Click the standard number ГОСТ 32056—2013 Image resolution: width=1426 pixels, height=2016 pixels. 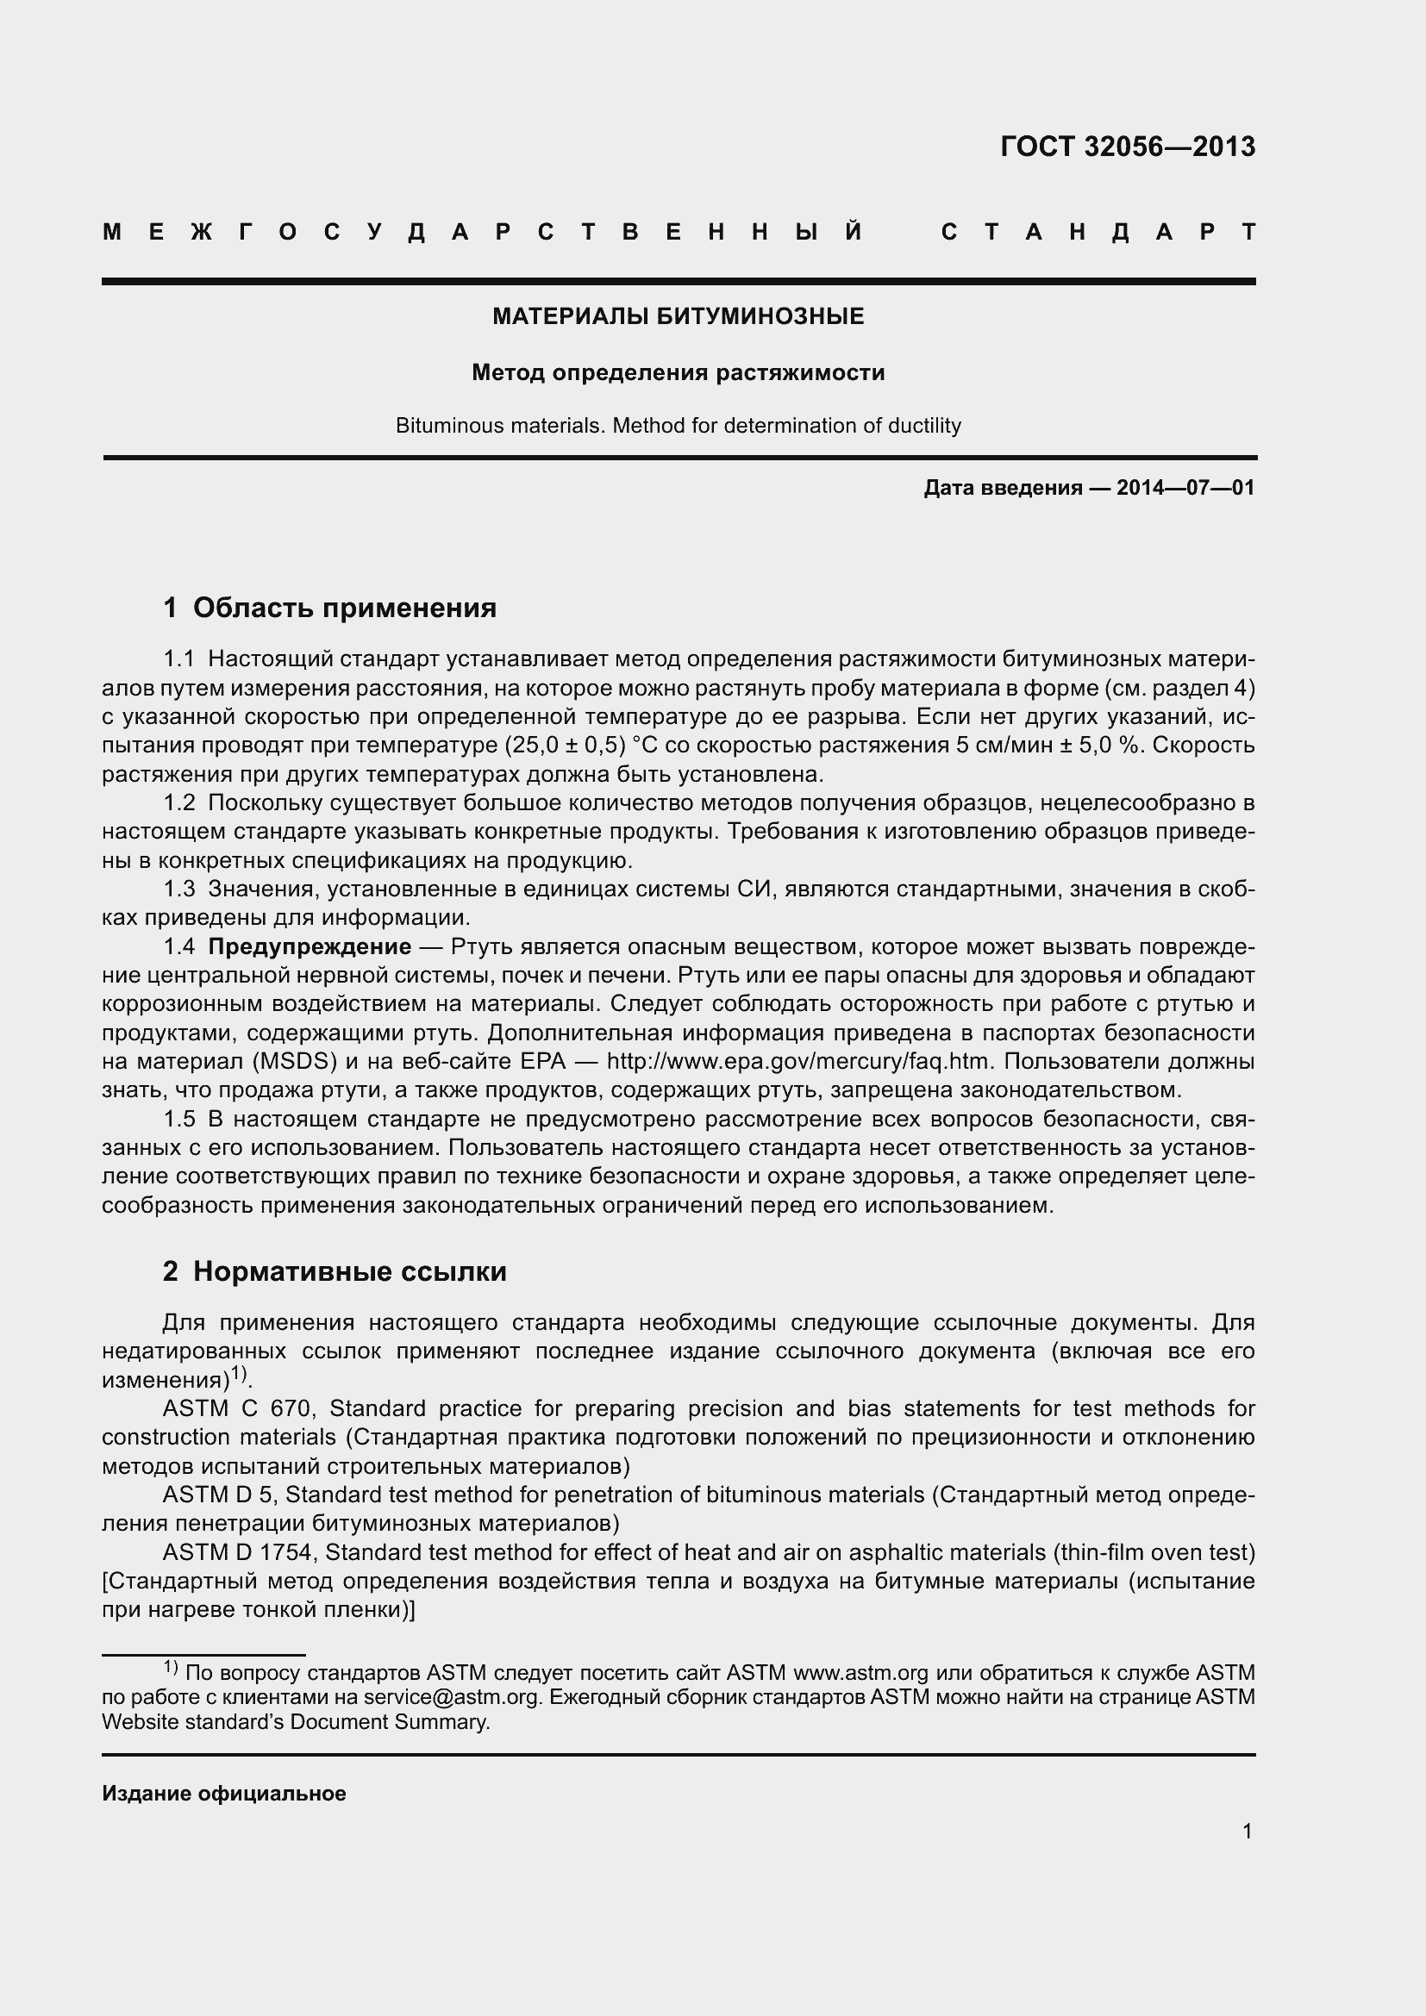pos(1128,147)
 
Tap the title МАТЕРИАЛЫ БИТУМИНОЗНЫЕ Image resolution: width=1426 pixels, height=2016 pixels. pos(678,317)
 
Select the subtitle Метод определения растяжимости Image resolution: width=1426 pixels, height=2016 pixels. pos(678,373)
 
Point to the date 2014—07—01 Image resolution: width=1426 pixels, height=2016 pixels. pos(1185,488)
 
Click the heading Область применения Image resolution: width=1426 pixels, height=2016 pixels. pos(344,608)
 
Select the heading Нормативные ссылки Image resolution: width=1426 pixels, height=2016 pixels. pos(349,1271)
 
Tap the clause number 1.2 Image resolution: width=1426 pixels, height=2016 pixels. pos(179,803)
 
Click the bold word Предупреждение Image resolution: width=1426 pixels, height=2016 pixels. pos(310,947)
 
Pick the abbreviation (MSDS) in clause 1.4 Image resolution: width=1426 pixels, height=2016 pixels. pos(295,1063)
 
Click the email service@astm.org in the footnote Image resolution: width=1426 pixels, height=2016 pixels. pos(450,1697)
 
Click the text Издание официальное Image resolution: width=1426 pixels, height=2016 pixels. pos(224,1794)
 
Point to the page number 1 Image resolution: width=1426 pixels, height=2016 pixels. pos(1247,1832)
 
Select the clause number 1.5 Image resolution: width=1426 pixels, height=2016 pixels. pos(179,1120)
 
